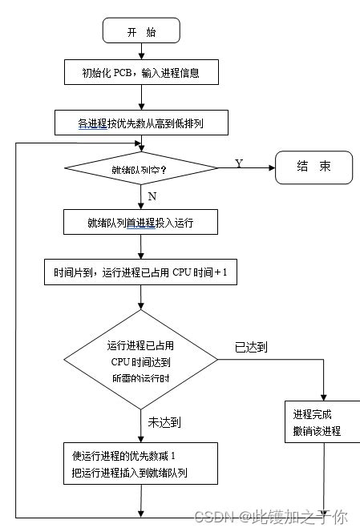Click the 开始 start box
[x=141, y=30]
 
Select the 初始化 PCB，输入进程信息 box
[x=141, y=73]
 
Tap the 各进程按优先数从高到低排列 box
[x=141, y=123]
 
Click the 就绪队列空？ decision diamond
[x=141, y=169]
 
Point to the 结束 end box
[x=313, y=168]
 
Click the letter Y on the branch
[x=238, y=163]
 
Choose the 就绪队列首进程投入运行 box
[x=141, y=222]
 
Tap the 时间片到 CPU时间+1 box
[x=141, y=272]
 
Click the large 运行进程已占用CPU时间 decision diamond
[x=141, y=361]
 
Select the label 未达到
[x=165, y=421]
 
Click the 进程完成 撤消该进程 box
[x=322, y=423]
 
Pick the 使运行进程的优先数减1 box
[x=141, y=464]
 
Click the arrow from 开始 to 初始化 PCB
[x=141, y=50]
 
